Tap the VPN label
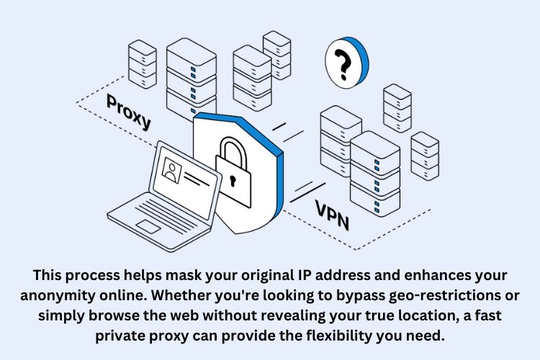(x=332, y=215)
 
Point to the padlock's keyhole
(x=233, y=176)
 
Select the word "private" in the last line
(x=119, y=336)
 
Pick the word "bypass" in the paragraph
(x=342, y=295)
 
